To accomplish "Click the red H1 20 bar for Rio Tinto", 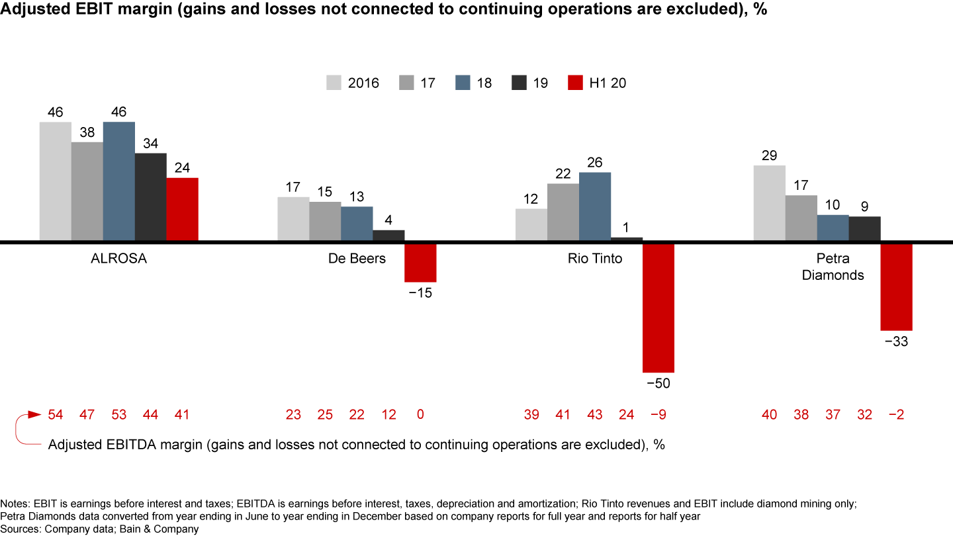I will coord(658,308).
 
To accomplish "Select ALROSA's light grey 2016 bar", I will coord(56,181).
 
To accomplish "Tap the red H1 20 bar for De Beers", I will coord(420,263).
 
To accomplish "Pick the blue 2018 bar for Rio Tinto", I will coord(595,206).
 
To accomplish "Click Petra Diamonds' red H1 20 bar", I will coord(896,287).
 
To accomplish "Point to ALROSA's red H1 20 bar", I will coord(182,209).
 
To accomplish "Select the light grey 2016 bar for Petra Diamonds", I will coord(770,203).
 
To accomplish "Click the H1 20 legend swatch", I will coord(576,83).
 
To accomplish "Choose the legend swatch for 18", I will coord(463,83).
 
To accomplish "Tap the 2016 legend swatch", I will coord(334,83).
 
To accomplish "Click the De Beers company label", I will coord(357,259).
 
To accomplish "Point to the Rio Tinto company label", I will coord(595,259).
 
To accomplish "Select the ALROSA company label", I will coord(118,259).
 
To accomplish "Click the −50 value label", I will coord(658,383).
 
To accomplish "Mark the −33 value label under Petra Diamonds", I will coord(896,341).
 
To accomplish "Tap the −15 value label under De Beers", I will coord(420,292).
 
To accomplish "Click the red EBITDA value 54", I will coord(56,415).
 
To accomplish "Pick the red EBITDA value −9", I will coord(658,415).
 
